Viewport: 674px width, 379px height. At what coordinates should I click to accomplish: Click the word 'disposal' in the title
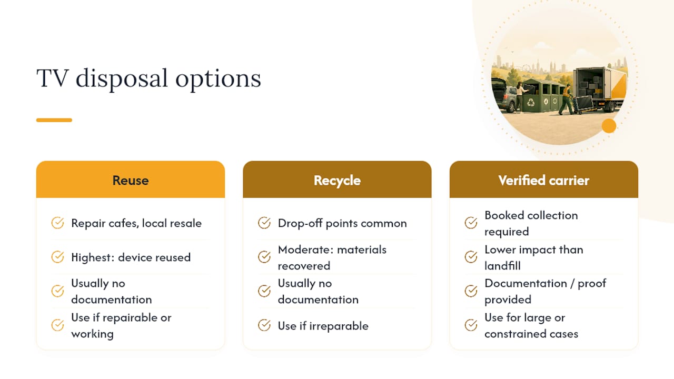click(x=122, y=79)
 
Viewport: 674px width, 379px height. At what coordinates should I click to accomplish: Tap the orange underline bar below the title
click(x=54, y=120)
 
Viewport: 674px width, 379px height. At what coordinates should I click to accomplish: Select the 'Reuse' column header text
click(x=131, y=181)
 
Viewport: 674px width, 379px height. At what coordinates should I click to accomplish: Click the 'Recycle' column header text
click(x=337, y=181)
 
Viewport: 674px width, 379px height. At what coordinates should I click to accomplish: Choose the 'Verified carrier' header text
click(x=544, y=181)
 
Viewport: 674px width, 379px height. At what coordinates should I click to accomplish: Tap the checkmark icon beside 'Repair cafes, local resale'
click(x=57, y=223)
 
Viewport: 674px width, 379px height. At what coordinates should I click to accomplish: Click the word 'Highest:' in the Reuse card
click(x=93, y=257)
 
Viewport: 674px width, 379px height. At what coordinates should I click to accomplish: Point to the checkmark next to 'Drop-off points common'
click(x=264, y=223)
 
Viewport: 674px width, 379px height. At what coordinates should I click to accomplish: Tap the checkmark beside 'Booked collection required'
click(x=471, y=223)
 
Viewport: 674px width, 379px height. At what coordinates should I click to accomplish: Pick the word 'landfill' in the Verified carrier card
click(x=502, y=266)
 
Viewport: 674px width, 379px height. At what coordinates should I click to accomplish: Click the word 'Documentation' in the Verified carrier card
click(x=526, y=283)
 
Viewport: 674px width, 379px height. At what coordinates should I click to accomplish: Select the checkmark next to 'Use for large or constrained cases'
click(x=471, y=325)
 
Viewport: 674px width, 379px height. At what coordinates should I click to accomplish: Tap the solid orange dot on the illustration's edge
click(x=609, y=126)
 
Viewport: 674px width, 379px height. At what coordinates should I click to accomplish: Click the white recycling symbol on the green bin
click(x=531, y=102)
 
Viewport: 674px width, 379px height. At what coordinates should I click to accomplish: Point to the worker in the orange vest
click(x=567, y=100)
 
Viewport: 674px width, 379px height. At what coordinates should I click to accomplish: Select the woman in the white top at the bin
click(x=520, y=97)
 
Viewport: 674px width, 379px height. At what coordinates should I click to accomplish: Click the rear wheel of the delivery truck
click(x=611, y=107)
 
